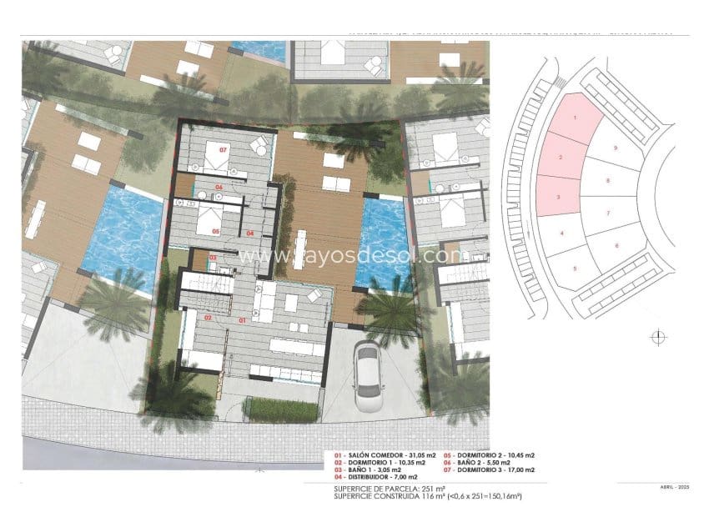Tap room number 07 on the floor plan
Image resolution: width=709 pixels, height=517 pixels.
223,150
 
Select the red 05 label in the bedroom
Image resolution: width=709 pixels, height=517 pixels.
215,231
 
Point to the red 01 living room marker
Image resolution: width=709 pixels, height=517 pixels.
243,320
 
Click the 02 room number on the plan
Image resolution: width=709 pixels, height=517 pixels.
207,318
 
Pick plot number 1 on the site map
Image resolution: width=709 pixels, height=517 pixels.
575,118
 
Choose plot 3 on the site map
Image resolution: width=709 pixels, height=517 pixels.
558,197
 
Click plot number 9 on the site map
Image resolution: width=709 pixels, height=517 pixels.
615,148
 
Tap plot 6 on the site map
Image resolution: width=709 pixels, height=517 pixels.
616,245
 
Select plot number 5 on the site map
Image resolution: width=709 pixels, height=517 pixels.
575,268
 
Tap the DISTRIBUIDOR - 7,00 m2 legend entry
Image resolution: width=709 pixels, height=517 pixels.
371,475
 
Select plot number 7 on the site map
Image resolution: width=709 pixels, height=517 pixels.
608,213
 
